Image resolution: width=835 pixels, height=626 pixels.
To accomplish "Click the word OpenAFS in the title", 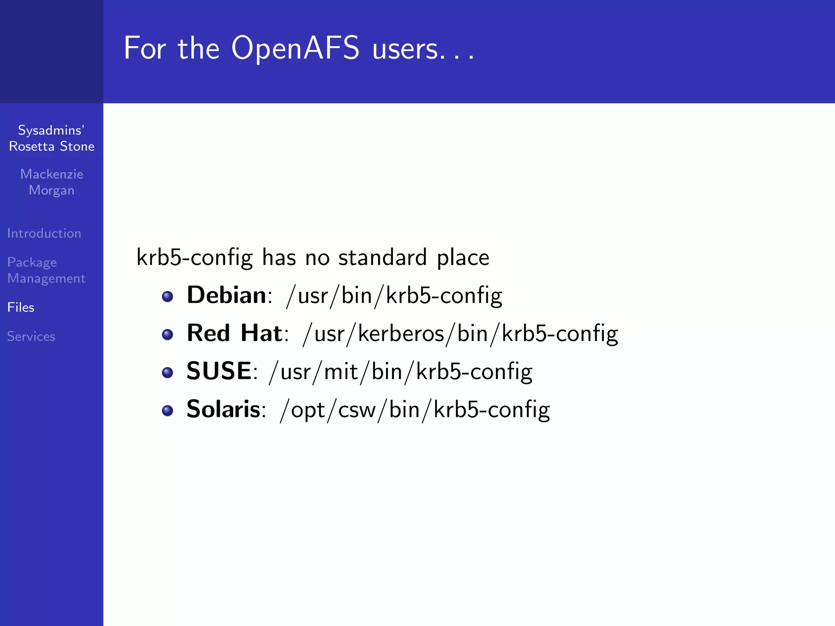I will pos(295,48).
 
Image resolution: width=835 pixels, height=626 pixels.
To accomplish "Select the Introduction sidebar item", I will pos(44,233).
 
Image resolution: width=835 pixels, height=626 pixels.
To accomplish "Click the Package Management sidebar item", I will pos(46,270).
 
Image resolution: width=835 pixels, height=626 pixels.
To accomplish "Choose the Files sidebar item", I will pos(21,307).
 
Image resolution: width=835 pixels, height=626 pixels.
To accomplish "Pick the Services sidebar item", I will pos(31,336).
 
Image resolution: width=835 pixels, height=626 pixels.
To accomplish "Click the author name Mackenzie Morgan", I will pos(52,182).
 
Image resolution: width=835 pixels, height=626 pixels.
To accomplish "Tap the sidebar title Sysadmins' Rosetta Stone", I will pos(52,138).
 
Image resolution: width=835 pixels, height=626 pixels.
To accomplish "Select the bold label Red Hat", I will pos(234,333).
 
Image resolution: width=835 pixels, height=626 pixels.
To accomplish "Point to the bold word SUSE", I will pos(219,371).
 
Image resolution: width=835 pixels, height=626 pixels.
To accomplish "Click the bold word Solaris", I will pos(223,409).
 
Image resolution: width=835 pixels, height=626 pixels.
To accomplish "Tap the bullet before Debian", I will pos(168,296).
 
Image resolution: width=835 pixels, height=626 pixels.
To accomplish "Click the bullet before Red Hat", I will pos(168,335).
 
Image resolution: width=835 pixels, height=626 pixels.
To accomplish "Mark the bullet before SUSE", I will pos(168,373).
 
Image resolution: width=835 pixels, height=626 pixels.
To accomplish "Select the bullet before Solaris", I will pos(168,410).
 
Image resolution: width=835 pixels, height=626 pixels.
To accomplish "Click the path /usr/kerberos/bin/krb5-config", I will pos(460,334).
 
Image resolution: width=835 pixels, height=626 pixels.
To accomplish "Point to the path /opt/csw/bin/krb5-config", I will pos(415,410).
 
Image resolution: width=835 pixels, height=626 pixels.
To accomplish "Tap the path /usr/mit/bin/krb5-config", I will pos(400,372).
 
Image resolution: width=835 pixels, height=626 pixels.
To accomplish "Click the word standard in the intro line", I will pos(382,258).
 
